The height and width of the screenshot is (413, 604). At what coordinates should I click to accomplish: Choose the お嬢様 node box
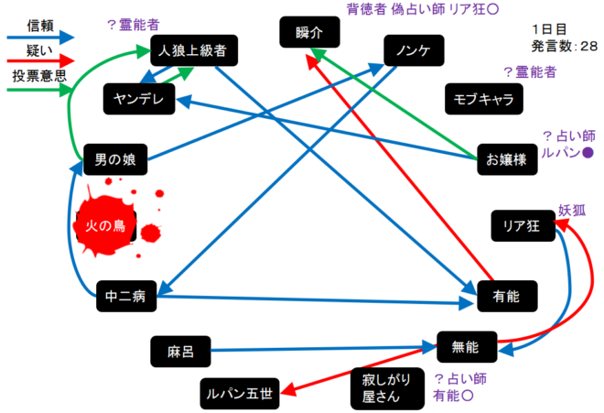(x=506, y=158)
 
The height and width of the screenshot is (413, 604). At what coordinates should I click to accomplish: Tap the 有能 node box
(x=507, y=295)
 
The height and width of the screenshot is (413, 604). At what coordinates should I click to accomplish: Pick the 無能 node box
(x=469, y=346)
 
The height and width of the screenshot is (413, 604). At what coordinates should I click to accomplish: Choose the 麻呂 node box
(x=179, y=349)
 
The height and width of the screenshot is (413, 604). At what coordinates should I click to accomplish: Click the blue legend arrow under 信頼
(x=38, y=39)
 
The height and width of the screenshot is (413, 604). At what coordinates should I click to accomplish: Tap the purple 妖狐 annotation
(x=572, y=210)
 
